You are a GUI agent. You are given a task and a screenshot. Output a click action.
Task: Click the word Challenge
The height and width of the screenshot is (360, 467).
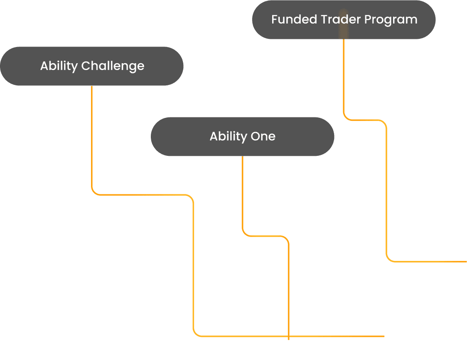click(x=113, y=66)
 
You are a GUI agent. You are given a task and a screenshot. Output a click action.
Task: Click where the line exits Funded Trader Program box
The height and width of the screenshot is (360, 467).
click(x=344, y=40)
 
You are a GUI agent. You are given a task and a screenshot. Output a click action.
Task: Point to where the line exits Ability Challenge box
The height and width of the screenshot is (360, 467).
click(x=92, y=86)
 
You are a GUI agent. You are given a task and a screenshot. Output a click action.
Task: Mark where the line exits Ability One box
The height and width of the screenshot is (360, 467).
click(x=242, y=157)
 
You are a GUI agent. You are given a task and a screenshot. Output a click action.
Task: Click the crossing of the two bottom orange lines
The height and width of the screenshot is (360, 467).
click(x=289, y=337)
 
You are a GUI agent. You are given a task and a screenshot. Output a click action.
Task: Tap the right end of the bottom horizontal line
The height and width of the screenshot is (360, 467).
click(x=384, y=337)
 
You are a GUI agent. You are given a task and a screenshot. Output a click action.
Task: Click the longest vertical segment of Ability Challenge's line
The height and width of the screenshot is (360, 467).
click(x=194, y=265)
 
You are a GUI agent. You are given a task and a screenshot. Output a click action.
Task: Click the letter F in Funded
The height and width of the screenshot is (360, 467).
click(x=274, y=20)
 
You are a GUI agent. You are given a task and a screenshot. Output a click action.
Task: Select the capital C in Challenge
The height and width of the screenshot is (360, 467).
click(x=85, y=66)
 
